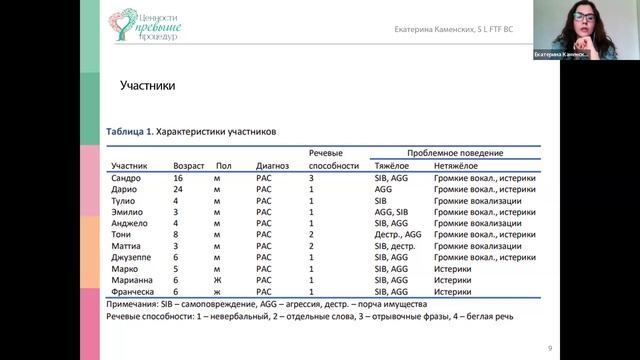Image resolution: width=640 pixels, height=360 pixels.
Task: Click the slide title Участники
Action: coord(147,86)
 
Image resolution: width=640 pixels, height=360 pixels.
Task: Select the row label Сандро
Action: coord(126,177)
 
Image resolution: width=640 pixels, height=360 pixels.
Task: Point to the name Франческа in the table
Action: coord(133,291)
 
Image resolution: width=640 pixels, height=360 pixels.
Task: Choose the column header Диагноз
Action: coord(272,165)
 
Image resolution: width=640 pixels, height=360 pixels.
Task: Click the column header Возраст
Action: coord(190,165)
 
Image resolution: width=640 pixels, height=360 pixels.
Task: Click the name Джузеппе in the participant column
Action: coord(132,257)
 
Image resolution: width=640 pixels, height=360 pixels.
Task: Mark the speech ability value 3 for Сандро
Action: coord(312,177)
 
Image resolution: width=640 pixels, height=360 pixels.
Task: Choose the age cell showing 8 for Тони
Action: coord(176,234)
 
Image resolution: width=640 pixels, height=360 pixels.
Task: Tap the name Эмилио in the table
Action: coord(128,211)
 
